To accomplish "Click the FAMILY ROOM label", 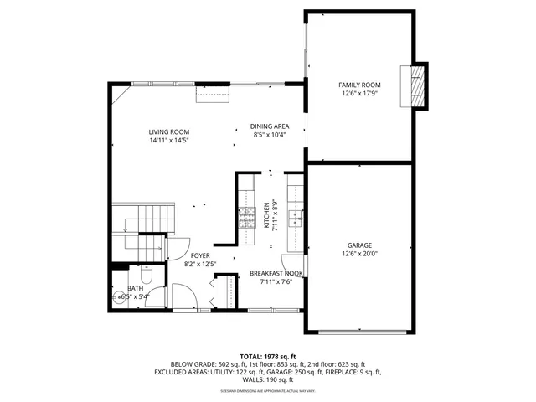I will click(x=359, y=85).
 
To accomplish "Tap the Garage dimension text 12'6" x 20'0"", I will click(x=359, y=254).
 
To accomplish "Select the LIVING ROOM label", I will click(x=169, y=131).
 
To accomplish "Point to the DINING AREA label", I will click(x=270, y=126).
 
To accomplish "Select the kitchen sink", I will click(x=296, y=219).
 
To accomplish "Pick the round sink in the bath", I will click(x=117, y=296).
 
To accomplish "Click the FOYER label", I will click(x=200, y=255).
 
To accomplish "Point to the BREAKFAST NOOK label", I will click(x=276, y=273).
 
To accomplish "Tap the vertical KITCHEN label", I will click(x=267, y=215).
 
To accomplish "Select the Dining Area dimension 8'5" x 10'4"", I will click(x=270, y=135).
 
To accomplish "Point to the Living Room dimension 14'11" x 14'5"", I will click(x=169, y=141).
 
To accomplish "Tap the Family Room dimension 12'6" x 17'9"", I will click(x=359, y=94).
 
